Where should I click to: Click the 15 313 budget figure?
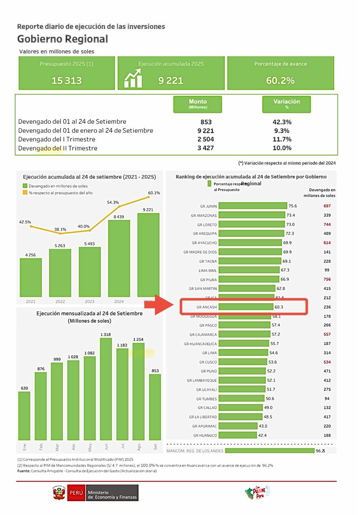pyautogui.click(x=67, y=80)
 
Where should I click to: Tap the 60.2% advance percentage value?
pyautogui.click(x=280, y=80)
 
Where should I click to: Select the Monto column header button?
pyautogui.click(x=198, y=104)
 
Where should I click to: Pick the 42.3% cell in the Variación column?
pyautogui.click(x=282, y=122)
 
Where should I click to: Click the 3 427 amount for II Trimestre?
pyautogui.click(x=205, y=148)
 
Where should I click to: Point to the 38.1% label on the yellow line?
pyautogui.click(x=60, y=229)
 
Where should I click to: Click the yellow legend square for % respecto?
pyautogui.click(x=25, y=192)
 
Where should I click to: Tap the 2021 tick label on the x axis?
pyautogui.click(x=31, y=301)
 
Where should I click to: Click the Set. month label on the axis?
pyautogui.click(x=155, y=447)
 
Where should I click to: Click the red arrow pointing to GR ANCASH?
pyautogui.click(x=164, y=305)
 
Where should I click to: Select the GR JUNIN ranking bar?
pyautogui.click(x=253, y=206)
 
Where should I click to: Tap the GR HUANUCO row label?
pyautogui.click(x=205, y=435)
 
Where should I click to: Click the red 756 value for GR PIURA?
pyautogui.click(x=327, y=279)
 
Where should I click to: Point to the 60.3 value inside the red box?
pyautogui.click(x=279, y=307)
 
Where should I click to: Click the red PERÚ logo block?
pyautogui.click(x=76, y=492)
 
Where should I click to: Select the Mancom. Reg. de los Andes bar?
pyautogui.click(x=270, y=451)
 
